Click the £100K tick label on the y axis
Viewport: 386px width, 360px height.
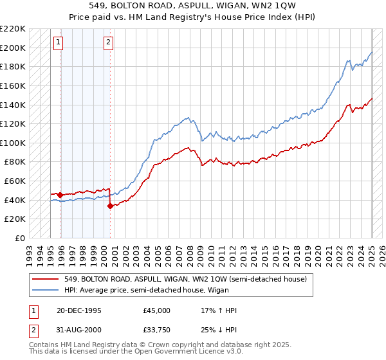[x=13, y=143]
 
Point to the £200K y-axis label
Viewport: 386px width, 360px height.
[x=13, y=48]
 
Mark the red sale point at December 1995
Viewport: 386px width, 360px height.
[x=60, y=195]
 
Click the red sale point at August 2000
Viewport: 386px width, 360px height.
[x=110, y=206]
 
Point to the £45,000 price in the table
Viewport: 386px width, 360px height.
[x=156, y=310]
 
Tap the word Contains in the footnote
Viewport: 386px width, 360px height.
[x=43, y=346]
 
